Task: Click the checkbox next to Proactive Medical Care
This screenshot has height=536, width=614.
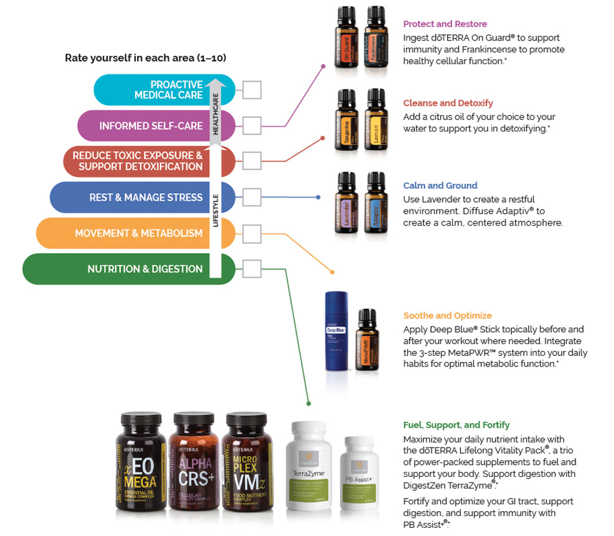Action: point(252,90)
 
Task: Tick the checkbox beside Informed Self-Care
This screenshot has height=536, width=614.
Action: point(252,126)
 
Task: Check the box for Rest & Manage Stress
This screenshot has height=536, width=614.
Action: point(252,198)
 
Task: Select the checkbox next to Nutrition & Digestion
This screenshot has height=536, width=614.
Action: point(252,269)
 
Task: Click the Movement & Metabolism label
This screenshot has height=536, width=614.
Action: point(138,233)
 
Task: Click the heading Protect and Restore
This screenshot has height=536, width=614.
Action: point(445,24)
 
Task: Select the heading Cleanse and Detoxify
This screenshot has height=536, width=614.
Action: point(448,103)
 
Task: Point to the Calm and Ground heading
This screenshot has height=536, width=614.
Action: point(440,186)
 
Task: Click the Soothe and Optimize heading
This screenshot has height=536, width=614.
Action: point(447,316)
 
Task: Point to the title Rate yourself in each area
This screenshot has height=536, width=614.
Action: point(145,58)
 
